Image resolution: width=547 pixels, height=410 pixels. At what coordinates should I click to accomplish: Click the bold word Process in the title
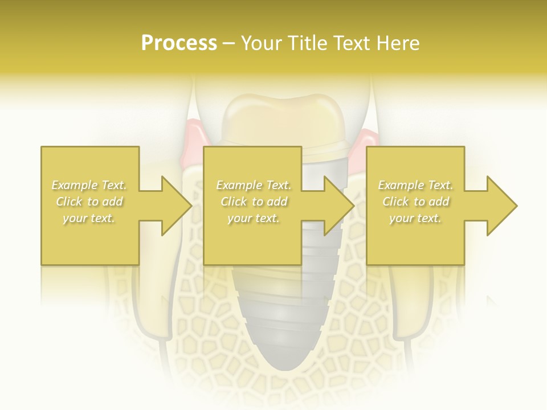pyautogui.click(x=179, y=43)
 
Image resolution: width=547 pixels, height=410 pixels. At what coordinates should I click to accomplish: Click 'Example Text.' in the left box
pyautogui.click(x=89, y=185)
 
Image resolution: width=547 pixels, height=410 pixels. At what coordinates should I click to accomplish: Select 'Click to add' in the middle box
pyautogui.click(x=254, y=202)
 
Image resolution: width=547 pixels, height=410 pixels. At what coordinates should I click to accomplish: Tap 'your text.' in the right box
pyautogui.click(x=415, y=218)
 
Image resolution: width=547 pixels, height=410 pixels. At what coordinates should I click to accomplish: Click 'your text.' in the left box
pyautogui.click(x=89, y=218)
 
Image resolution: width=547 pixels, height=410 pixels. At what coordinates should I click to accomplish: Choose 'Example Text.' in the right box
pyautogui.click(x=415, y=185)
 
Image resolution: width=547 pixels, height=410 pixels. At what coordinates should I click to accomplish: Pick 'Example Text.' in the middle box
pyautogui.click(x=254, y=185)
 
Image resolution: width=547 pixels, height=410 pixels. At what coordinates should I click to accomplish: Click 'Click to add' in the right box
pyautogui.click(x=415, y=202)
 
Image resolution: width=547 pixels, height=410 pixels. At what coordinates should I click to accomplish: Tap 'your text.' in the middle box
pyautogui.click(x=254, y=218)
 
